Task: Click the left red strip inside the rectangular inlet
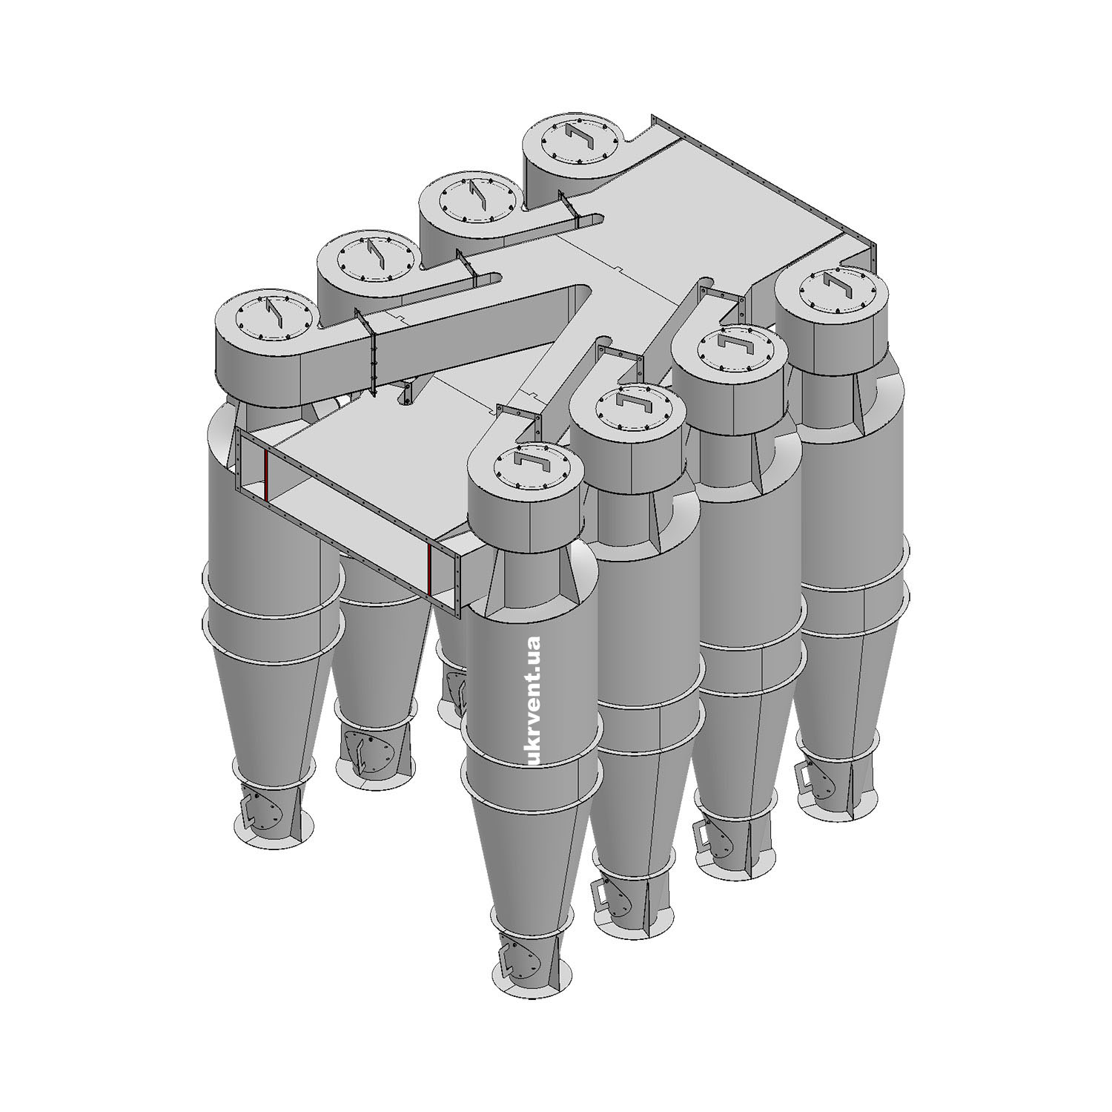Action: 265,474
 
